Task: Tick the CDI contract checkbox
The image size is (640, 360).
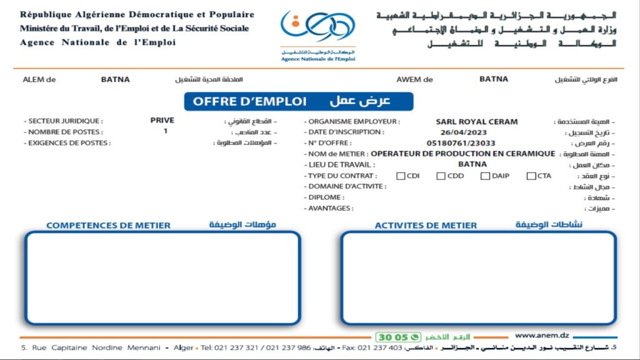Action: (x=401, y=176)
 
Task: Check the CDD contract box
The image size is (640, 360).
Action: (x=441, y=176)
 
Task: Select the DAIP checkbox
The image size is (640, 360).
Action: (x=485, y=176)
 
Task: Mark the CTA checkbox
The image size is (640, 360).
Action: (x=531, y=176)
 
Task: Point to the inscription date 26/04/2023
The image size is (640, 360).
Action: (x=462, y=132)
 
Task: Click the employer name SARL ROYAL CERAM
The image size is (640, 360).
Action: (x=476, y=122)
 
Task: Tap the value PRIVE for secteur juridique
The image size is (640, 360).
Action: (x=162, y=121)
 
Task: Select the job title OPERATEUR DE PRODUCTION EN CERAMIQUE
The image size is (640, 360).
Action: (x=462, y=154)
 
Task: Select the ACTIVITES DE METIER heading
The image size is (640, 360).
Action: (x=426, y=225)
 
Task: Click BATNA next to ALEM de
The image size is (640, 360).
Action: (x=115, y=79)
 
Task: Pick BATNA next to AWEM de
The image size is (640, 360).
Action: (x=494, y=79)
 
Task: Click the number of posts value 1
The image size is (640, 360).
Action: (x=166, y=131)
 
